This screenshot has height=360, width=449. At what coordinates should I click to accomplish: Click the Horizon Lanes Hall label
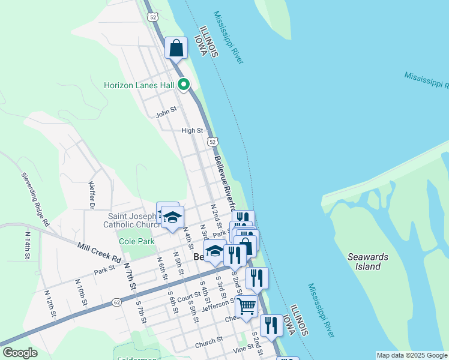[139, 85]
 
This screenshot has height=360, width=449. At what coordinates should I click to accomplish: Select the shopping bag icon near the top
[176, 48]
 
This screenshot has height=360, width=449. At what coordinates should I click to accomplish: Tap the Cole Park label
[136, 241]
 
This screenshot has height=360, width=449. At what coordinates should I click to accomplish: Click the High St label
[192, 130]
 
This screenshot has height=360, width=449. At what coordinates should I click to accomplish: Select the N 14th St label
[27, 245]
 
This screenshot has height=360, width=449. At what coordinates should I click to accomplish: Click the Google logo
[20, 353]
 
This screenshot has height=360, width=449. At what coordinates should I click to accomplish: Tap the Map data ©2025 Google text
[411, 355]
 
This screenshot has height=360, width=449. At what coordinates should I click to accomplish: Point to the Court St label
[188, 296]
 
